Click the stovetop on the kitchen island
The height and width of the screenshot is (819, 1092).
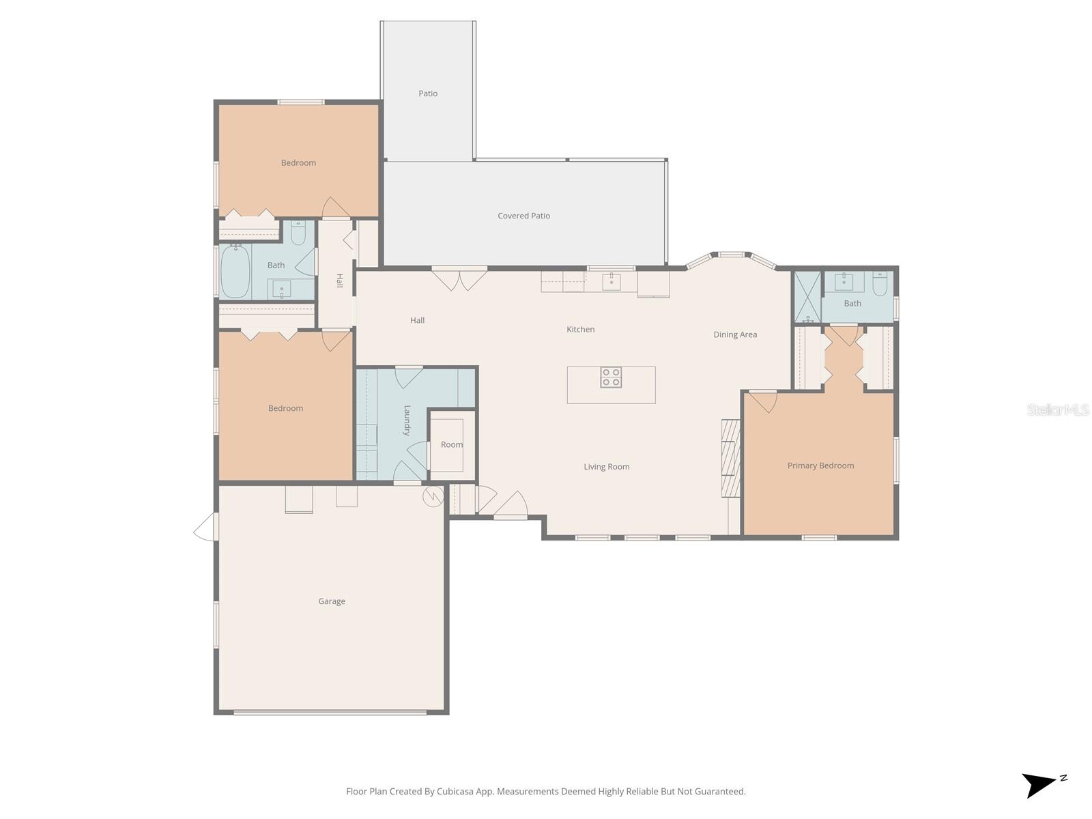pyautogui.click(x=611, y=377)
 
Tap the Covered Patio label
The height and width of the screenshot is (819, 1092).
pyautogui.click(x=523, y=216)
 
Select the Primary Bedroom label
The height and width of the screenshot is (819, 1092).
pyautogui.click(x=820, y=465)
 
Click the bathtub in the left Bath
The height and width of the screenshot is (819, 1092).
pyautogui.click(x=235, y=271)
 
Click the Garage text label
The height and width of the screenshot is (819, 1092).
pyautogui.click(x=332, y=601)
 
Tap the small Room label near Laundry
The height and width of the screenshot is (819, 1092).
pyautogui.click(x=451, y=444)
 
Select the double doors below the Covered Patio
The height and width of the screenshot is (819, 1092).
pyautogui.click(x=459, y=280)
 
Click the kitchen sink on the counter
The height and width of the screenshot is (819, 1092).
pyautogui.click(x=612, y=281)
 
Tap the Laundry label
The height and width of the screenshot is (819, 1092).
pyautogui.click(x=407, y=420)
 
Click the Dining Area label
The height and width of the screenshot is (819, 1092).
pyautogui.click(x=735, y=334)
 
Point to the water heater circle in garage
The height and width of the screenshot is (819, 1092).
pyautogui.click(x=433, y=496)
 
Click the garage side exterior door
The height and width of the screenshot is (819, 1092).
pyautogui.click(x=205, y=528)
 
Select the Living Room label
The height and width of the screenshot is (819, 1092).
pyautogui.click(x=606, y=467)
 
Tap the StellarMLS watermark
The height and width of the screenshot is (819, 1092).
pyautogui.click(x=1057, y=409)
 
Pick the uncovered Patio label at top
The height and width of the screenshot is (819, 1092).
pyautogui.click(x=428, y=94)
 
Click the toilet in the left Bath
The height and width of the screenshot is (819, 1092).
pyautogui.click(x=298, y=234)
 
